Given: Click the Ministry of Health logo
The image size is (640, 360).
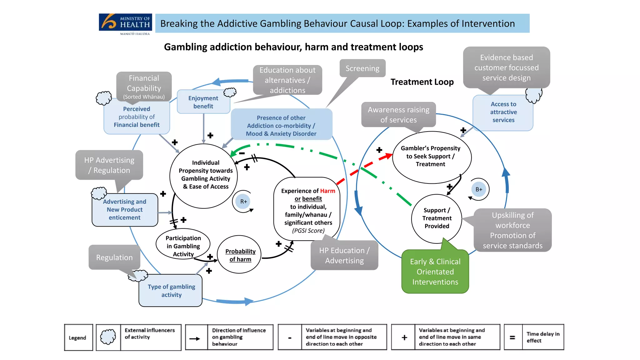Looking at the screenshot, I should point(125,24).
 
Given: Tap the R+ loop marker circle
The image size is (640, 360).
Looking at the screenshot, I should point(243,202).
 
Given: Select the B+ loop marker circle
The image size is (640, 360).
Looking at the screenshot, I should point(479,189).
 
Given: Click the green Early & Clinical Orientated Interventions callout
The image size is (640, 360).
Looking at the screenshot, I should point(435,272).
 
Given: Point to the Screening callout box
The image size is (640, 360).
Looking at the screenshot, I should point(362,68).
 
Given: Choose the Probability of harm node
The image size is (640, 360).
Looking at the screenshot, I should point(240,255).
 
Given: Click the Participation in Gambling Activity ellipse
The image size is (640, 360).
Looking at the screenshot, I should point(183,246).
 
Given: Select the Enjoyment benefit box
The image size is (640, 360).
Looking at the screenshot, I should point(203,102).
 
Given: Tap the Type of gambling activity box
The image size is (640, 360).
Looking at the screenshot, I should point(171,291).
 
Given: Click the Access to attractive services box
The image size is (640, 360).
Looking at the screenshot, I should point(503,112).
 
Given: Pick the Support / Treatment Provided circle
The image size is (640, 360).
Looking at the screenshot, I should point(437,218).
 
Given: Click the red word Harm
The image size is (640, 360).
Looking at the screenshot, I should point(327,191).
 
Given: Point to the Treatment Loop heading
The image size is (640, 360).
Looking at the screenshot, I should point(422,82).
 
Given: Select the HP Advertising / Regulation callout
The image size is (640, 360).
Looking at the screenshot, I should point(109,165).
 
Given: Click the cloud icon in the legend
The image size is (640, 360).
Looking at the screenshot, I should point(108,337).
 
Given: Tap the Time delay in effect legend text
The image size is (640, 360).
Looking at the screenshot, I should point(543,337).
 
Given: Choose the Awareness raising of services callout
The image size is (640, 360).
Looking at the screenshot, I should point(398,115).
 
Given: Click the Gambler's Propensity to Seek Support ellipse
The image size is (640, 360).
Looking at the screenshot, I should point(431,157).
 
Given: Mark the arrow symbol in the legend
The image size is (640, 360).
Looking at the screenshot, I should point(195,338).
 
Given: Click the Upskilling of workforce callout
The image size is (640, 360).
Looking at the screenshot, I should point(512,230).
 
